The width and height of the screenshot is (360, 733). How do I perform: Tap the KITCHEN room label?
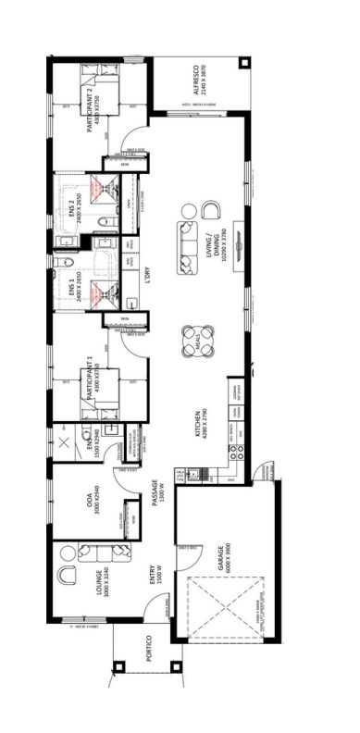click(x=197, y=424)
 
